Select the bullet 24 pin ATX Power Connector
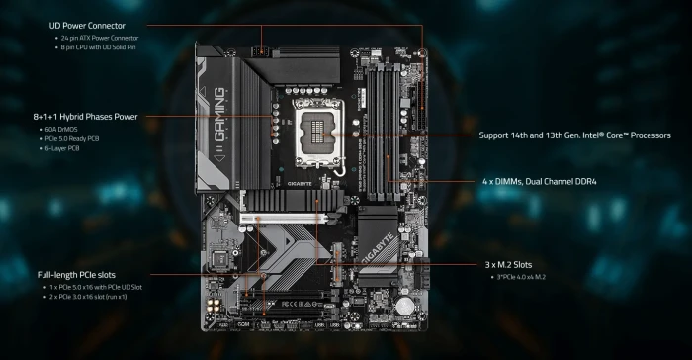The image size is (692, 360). (104, 38)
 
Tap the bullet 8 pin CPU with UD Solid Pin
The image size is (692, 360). (104, 46)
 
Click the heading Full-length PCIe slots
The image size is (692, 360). (83, 274)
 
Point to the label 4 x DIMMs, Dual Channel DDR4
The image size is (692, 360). (541, 182)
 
